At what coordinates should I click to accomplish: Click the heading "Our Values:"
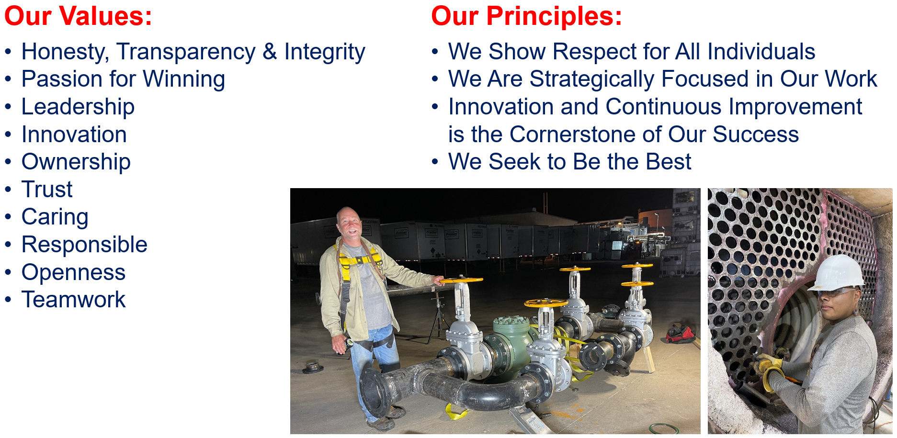[x=78, y=16]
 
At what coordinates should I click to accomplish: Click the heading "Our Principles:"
[x=526, y=16]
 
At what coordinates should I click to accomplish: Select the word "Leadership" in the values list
[x=78, y=107]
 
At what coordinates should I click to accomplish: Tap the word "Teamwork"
[x=74, y=300]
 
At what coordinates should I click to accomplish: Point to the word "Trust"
[x=47, y=190]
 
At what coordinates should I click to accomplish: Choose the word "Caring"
[x=55, y=217]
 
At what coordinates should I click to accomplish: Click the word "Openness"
[x=74, y=272]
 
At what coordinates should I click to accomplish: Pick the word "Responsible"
[x=84, y=245]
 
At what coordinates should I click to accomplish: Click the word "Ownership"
[x=76, y=162]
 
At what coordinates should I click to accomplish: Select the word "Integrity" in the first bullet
[x=325, y=52]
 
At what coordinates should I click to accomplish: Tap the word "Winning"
[x=184, y=79]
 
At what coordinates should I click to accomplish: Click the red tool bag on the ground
[x=681, y=334]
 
